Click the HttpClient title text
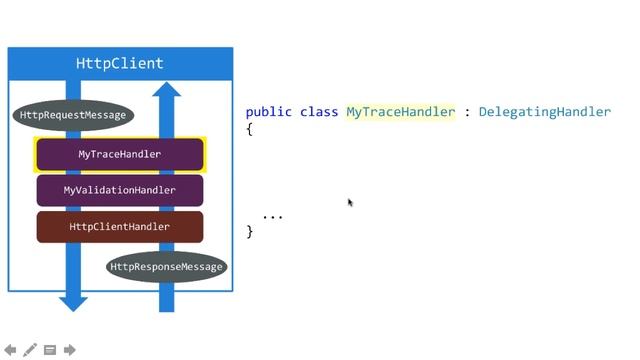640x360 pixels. (x=119, y=63)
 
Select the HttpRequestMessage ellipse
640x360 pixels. (x=73, y=115)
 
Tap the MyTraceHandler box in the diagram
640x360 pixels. (x=119, y=154)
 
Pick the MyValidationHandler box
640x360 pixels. (x=119, y=190)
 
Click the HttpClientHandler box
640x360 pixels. (x=119, y=227)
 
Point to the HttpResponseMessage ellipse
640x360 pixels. (x=167, y=266)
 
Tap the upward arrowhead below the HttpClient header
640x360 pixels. (x=167, y=91)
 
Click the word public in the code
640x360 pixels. (x=269, y=112)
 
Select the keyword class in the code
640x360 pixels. (x=319, y=112)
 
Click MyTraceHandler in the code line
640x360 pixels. (x=400, y=112)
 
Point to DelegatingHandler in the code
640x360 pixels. (x=544, y=112)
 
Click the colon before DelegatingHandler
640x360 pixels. (x=467, y=112)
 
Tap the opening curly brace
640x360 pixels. (x=249, y=129)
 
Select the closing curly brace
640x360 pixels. (x=249, y=231)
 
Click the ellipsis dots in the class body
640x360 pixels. (x=272, y=216)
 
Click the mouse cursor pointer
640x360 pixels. (x=350, y=202)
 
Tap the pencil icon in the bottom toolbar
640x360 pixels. (x=30, y=350)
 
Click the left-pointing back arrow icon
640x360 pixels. (x=10, y=350)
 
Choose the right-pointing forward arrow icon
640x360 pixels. (x=70, y=350)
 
